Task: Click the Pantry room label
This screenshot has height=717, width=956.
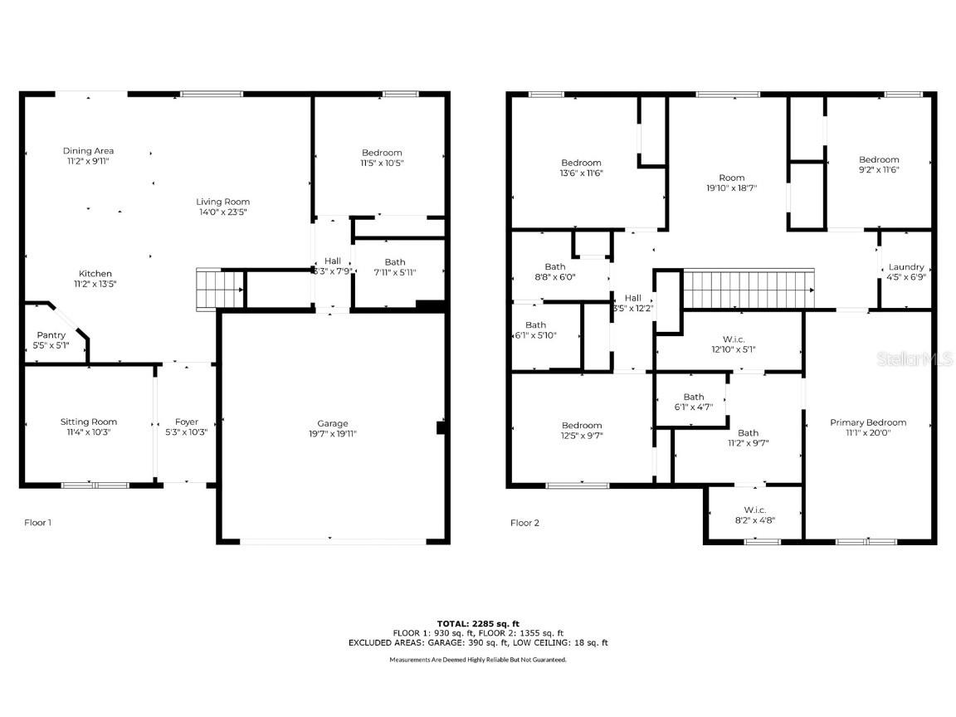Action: pos(51,335)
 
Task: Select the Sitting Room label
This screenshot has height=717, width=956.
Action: pos(89,422)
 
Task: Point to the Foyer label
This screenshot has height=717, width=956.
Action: pos(187,422)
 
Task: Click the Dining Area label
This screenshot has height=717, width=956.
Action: pos(88,151)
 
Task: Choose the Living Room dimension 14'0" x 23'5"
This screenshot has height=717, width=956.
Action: pos(222,212)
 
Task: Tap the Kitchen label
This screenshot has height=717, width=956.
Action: pos(95,274)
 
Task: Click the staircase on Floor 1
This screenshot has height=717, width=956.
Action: pos(220,290)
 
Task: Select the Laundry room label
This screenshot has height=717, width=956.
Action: pos(906,267)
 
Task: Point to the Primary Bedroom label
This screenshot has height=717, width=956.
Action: pos(868,422)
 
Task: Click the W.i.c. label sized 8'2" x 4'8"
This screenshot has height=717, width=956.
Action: pos(754,510)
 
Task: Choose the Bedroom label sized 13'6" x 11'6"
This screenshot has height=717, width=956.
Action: pos(581,163)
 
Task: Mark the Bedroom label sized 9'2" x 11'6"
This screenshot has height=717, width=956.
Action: pos(879,159)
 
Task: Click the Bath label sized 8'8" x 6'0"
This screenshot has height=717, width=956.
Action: pos(555,267)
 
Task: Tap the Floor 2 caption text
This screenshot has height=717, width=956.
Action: pos(524,523)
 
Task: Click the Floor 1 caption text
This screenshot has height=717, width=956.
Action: pos(37,523)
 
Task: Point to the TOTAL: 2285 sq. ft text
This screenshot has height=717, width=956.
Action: pos(478,623)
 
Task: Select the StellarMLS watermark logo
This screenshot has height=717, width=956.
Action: pos(916,358)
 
